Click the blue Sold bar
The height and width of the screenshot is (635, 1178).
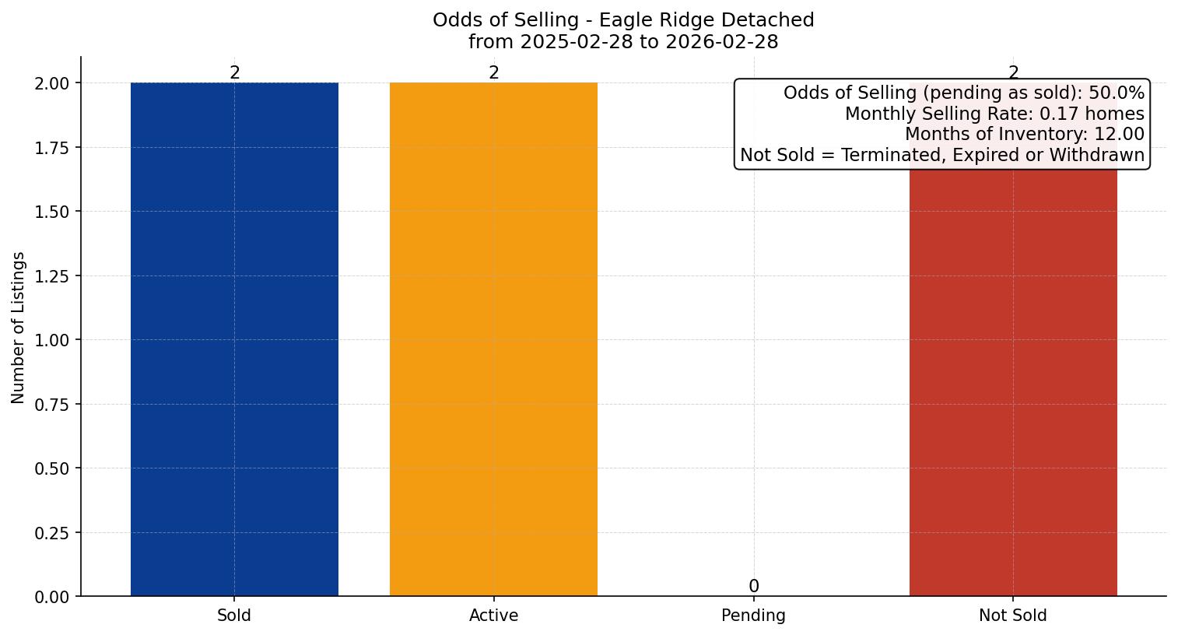tap(234, 339)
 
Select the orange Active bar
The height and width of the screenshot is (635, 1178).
tap(493, 339)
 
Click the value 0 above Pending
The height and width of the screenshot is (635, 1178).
tap(753, 586)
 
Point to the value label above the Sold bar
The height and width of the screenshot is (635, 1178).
tap(234, 72)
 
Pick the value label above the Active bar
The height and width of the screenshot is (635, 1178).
tap(493, 72)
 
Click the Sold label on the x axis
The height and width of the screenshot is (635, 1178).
tap(234, 616)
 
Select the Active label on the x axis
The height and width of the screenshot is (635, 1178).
tap(493, 616)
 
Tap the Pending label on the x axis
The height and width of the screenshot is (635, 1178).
tap(753, 616)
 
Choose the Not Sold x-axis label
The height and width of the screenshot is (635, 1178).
tap(1013, 616)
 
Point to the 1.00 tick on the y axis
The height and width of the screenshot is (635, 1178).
tap(53, 340)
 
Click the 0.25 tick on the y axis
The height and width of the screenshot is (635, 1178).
tap(53, 533)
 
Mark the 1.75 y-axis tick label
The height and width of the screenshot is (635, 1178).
tap(53, 148)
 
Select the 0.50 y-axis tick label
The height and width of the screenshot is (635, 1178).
tap(53, 468)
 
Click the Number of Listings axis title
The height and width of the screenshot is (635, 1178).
tap(19, 328)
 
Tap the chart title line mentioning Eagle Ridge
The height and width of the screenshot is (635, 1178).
tap(623, 20)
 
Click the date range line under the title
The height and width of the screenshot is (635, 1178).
tap(623, 42)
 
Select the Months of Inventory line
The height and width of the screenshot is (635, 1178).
tap(1025, 135)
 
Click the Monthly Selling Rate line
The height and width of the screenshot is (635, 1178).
tap(994, 114)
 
